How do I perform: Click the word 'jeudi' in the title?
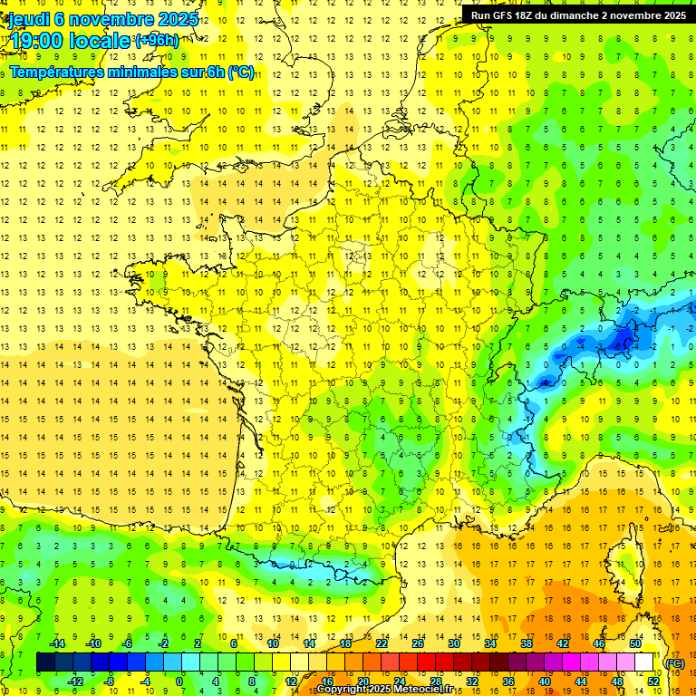(x=28, y=19)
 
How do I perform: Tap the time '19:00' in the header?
(x=36, y=41)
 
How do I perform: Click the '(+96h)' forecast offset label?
(x=157, y=41)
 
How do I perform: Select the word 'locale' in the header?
(x=100, y=41)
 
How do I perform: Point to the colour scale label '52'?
(x=653, y=681)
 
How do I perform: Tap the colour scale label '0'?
(x=179, y=681)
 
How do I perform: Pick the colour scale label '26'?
(x=418, y=643)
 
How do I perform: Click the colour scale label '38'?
(x=527, y=643)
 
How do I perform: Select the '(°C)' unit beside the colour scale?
(x=674, y=663)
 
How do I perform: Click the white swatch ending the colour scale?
(x=644, y=662)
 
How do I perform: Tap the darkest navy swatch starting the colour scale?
(x=45, y=662)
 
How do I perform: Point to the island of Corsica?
(x=623, y=562)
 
